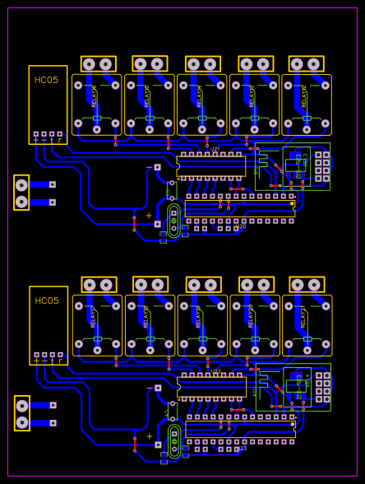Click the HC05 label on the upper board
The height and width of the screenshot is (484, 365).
[47, 80]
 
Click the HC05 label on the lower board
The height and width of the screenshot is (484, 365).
[47, 300]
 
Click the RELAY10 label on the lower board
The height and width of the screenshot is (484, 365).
[146, 317]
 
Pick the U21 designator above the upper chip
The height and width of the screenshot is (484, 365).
[215, 150]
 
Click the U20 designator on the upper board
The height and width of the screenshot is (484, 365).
[242, 226]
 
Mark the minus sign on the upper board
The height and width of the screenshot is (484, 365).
[149, 168]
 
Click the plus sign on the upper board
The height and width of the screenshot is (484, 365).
[149, 216]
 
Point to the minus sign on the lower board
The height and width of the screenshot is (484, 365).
[149, 388]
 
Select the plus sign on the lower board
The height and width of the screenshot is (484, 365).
[149, 436]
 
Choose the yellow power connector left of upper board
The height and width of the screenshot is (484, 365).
[22, 193]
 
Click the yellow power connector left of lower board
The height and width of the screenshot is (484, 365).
[22, 413]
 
